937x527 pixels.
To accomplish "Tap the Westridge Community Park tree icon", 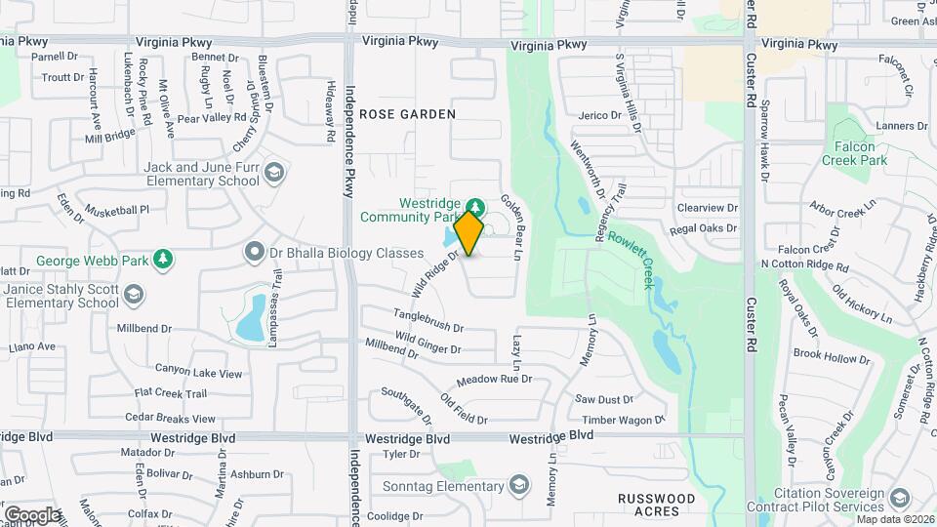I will click(475, 208).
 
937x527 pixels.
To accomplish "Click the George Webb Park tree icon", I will click(166, 259).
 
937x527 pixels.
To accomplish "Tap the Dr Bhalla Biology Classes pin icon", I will click(256, 253).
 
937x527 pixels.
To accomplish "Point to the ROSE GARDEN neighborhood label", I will click(407, 114).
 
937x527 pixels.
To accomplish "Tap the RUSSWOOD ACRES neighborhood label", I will click(657, 505).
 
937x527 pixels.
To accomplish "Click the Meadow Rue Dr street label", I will click(494, 379).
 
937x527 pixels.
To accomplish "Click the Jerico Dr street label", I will click(599, 115).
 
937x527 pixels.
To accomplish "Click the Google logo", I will click(32, 514).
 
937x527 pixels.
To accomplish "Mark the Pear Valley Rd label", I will click(211, 118).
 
